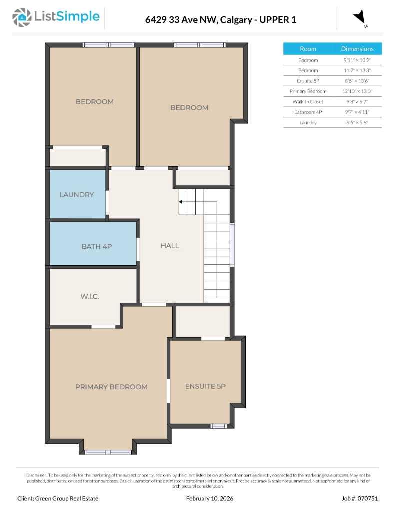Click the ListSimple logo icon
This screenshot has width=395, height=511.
point(21,17)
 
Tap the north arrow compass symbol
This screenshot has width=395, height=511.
point(360,17)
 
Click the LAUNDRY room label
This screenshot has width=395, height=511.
point(76,195)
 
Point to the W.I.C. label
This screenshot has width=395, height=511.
point(90,296)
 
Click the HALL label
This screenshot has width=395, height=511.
point(170,245)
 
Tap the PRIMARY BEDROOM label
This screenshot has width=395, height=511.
point(111,387)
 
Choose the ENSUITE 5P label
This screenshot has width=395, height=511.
point(205,386)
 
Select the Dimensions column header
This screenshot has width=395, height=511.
point(357,49)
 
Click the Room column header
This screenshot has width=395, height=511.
point(308,49)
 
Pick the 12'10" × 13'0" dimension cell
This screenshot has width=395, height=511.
point(357,91)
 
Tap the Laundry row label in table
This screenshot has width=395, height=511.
point(308,122)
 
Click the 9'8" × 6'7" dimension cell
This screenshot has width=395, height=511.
point(357,102)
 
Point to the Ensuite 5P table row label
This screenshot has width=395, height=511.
point(308,81)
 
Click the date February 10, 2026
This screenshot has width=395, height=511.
point(209,498)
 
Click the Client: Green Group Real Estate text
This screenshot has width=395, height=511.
point(58,498)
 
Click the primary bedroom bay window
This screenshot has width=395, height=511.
point(108,452)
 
